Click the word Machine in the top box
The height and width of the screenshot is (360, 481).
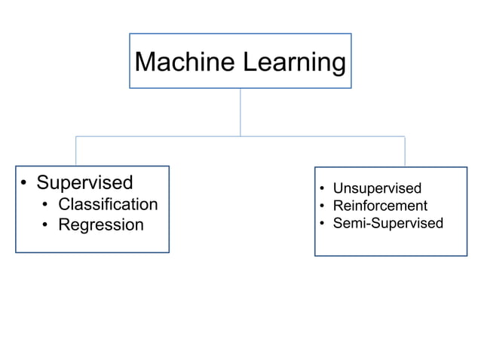(x=185, y=62)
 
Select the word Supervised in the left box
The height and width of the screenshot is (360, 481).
(x=84, y=182)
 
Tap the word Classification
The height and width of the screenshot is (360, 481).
(x=108, y=204)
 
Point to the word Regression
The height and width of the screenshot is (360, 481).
(x=100, y=224)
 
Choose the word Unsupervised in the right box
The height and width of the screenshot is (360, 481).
(x=377, y=188)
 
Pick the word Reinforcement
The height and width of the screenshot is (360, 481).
(x=380, y=206)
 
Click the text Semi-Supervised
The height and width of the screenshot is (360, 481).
(x=388, y=223)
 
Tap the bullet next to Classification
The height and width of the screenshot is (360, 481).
(x=46, y=205)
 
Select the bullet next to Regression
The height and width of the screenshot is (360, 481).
(x=46, y=225)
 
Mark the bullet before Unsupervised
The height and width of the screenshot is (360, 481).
(x=321, y=189)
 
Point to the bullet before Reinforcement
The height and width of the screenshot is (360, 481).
(x=321, y=206)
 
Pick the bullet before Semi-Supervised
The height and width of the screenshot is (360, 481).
(x=321, y=224)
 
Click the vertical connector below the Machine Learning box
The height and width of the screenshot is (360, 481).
(x=240, y=112)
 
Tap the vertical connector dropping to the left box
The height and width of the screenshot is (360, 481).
(x=75, y=151)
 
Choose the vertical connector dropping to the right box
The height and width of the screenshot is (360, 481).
(x=405, y=151)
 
